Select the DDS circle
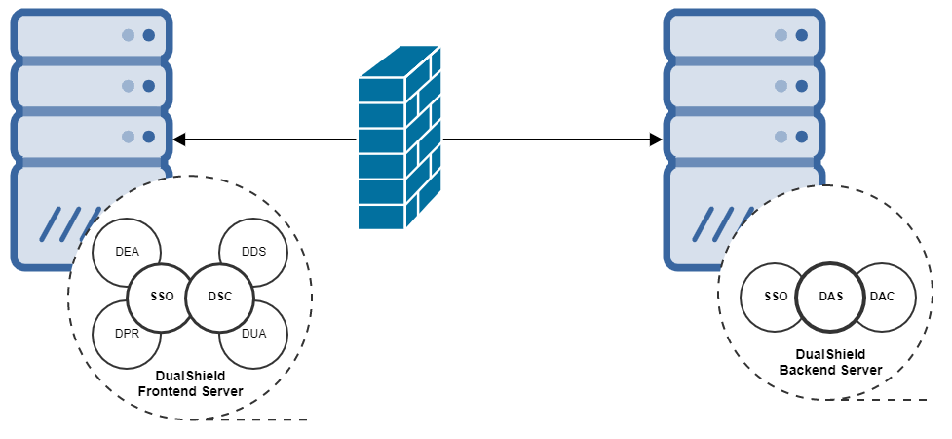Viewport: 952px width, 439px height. [x=252, y=252]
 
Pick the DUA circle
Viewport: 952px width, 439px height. [x=252, y=334]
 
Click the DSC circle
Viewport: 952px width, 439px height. [x=220, y=296]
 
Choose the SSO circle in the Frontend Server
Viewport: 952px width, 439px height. [x=162, y=296]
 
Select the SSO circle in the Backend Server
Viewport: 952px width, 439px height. [x=776, y=296]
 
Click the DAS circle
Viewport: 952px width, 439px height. [x=830, y=296]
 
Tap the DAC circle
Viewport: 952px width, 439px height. [x=883, y=296]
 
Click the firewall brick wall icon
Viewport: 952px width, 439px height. [x=400, y=138]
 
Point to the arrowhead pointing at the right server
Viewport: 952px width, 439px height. [x=656, y=140]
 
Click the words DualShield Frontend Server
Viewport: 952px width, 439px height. [x=190, y=383]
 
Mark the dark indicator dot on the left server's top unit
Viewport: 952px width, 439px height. [x=149, y=35]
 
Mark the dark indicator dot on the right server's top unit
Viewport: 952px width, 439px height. [x=802, y=35]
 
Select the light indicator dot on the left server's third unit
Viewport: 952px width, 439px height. [x=128, y=137]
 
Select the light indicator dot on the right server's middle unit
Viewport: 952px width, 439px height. [x=781, y=86]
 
